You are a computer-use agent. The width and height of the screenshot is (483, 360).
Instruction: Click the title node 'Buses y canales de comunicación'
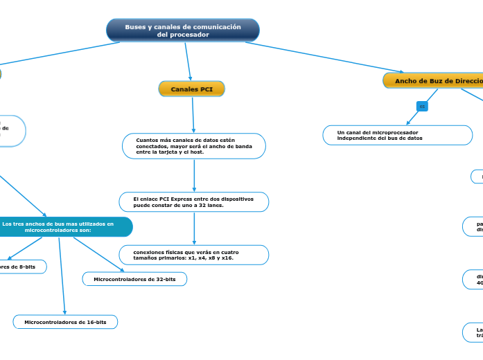click(x=183, y=30)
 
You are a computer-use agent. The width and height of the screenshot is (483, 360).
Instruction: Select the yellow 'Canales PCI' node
click(x=192, y=89)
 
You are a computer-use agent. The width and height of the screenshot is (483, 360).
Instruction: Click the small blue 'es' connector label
click(x=422, y=106)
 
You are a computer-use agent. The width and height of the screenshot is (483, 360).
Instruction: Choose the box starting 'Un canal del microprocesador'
click(x=397, y=135)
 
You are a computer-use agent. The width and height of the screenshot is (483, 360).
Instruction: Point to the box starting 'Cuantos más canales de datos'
click(x=193, y=146)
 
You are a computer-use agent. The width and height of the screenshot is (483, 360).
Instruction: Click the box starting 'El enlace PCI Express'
click(x=193, y=202)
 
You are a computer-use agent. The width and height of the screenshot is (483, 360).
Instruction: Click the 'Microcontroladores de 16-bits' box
click(x=65, y=322)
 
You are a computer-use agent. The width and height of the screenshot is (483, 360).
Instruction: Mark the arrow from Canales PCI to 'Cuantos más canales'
click(x=193, y=115)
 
